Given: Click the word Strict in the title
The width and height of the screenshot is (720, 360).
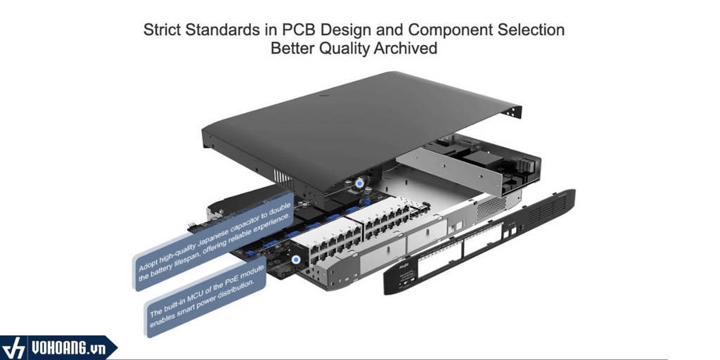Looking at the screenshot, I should click(x=163, y=30).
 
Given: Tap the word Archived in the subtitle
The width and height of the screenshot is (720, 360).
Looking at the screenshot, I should click(x=407, y=49).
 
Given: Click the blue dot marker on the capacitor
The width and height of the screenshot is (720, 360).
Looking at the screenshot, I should click(x=361, y=183).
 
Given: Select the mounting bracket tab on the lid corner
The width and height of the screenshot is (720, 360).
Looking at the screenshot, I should click(x=515, y=111).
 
